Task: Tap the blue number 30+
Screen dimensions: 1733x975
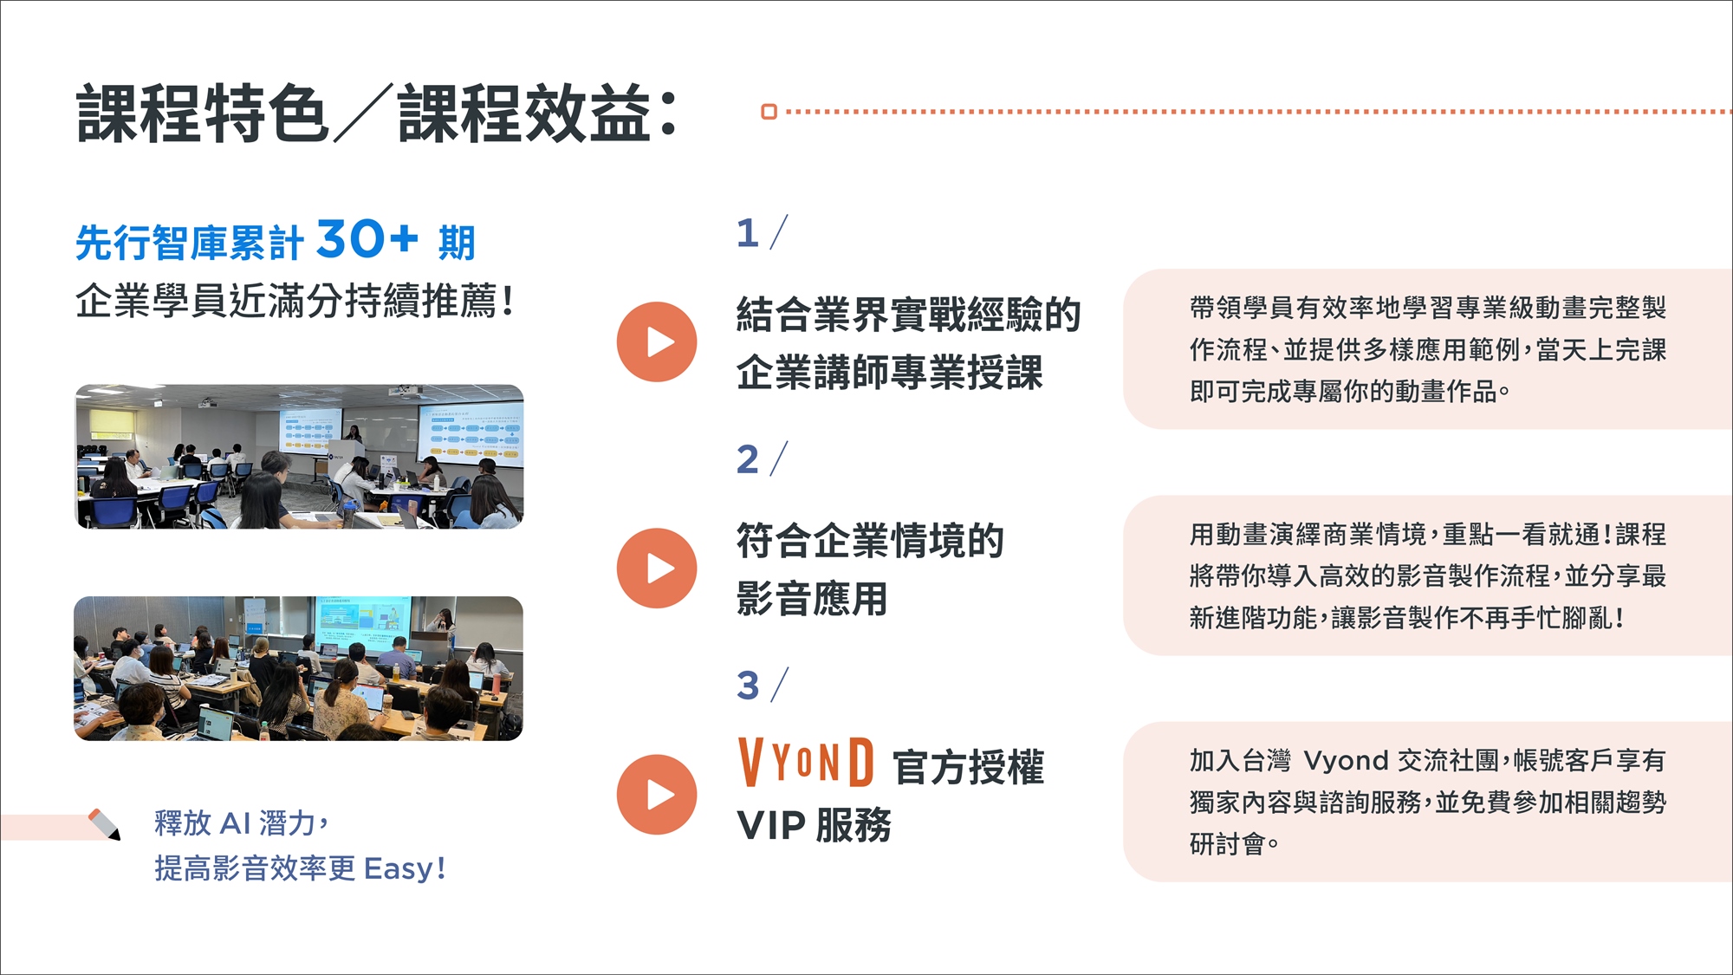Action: [x=367, y=238]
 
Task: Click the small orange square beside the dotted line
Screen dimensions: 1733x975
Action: [x=769, y=112]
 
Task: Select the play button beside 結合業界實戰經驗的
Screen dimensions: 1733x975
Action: [x=657, y=341]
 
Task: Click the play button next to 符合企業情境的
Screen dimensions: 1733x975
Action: [x=657, y=568]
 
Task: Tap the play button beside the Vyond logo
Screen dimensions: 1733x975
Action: [x=657, y=794]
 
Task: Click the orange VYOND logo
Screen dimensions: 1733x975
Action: [x=806, y=762]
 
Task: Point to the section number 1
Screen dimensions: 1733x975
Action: [x=748, y=233]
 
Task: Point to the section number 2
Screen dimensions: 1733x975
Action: [x=748, y=459]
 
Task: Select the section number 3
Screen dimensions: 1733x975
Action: [x=748, y=686]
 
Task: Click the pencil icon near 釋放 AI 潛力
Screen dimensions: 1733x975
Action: [x=105, y=823]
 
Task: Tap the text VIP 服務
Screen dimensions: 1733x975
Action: [x=814, y=825]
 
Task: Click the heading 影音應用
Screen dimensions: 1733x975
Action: [x=812, y=599]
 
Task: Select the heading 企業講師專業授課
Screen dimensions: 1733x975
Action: [x=890, y=373]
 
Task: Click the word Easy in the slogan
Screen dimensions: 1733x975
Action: [x=399, y=868]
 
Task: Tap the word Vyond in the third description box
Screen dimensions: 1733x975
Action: [x=1346, y=761]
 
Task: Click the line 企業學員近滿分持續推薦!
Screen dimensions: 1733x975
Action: [x=295, y=301]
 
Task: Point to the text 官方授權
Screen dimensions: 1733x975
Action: [x=968, y=768]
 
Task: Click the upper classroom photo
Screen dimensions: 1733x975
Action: [x=299, y=457]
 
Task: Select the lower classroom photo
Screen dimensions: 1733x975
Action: [x=299, y=668]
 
